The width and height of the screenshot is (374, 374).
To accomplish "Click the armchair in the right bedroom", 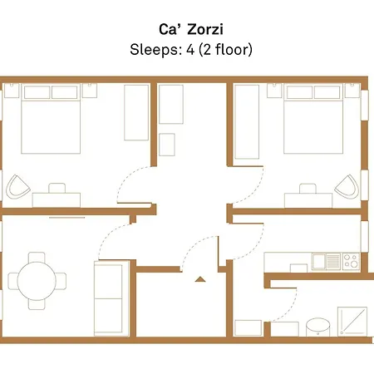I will coord(351,188).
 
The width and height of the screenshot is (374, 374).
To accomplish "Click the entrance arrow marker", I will coord(199,279).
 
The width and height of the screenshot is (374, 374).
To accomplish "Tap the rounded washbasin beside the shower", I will coord(317,326).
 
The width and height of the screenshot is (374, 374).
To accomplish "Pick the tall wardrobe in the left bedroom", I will coord(136,111).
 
